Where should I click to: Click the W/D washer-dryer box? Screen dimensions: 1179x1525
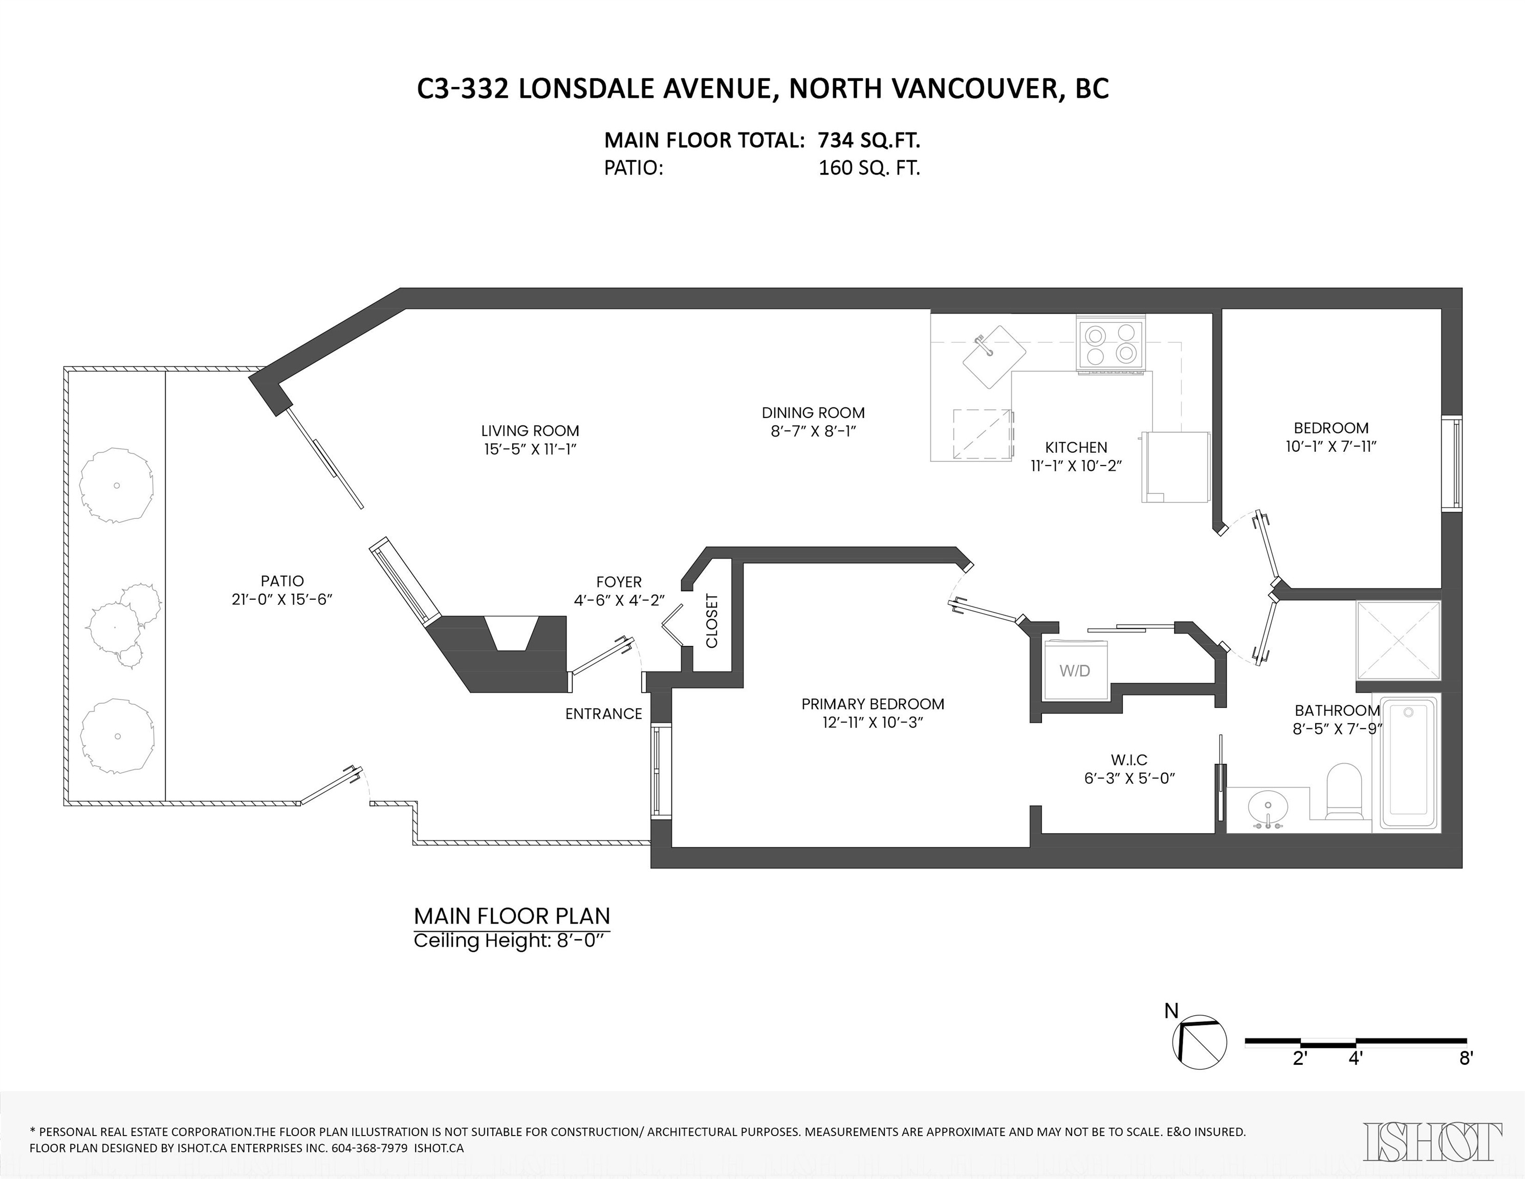[1074, 671]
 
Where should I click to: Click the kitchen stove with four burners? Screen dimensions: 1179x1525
[1111, 344]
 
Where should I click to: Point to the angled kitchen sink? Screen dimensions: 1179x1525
[994, 357]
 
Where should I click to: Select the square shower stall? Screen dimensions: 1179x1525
[1398, 640]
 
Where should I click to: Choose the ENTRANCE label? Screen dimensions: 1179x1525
[603, 713]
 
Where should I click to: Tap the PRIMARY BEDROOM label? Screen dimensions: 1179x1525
[873, 704]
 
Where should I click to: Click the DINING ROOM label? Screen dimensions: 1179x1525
[813, 412]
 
